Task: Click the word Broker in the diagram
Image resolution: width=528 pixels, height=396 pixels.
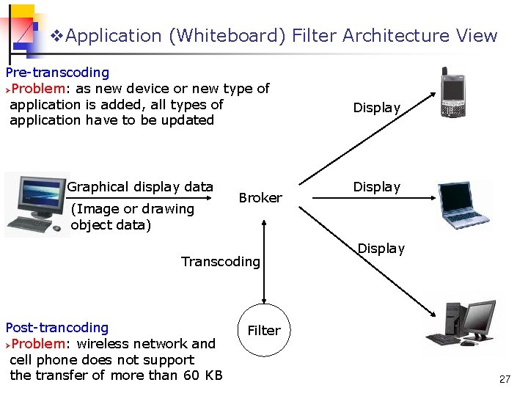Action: click(260, 198)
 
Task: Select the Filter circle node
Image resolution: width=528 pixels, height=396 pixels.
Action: click(263, 330)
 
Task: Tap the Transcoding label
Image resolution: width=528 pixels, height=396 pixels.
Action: click(221, 262)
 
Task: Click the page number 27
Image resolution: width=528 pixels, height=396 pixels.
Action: click(505, 379)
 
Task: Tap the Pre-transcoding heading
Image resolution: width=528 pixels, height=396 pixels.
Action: click(57, 73)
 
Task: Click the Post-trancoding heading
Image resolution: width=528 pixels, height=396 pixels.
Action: click(57, 328)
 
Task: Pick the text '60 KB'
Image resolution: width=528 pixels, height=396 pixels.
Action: click(202, 375)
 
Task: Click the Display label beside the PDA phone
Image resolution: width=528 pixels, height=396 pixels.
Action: click(377, 108)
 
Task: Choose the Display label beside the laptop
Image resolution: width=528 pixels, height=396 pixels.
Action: click(377, 187)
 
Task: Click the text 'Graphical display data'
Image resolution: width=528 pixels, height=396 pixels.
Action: click(140, 187)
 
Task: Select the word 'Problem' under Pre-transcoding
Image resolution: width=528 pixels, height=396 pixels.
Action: click(37, 89)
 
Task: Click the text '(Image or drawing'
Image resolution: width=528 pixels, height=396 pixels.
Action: click(132, 209)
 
